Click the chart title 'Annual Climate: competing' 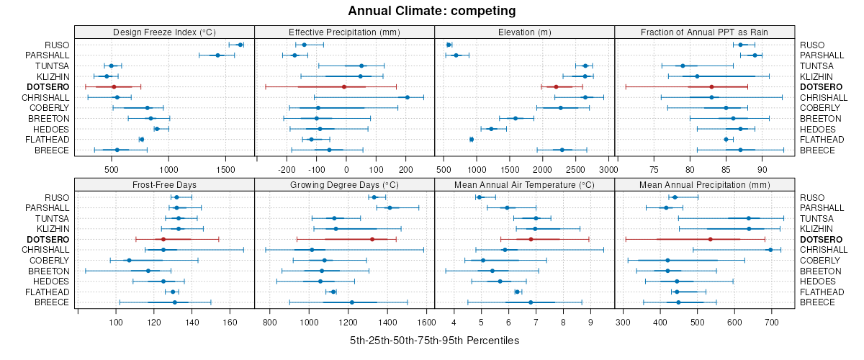[431, 11]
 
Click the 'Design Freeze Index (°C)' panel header [164, 32]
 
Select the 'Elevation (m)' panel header [524, 32]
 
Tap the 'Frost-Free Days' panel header [164, 184]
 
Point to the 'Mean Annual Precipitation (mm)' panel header [704, 184]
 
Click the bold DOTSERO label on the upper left [48, 86]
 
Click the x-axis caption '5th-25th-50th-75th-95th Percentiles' [434, 340]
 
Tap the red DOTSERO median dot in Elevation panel [556, 86]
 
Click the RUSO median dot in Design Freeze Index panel [240, 45]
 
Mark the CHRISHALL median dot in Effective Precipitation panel [408, 97]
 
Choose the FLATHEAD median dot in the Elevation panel [472, 139]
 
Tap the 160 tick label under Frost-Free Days [230, 322]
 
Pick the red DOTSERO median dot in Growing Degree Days [372, 239]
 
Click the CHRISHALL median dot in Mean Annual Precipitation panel [770, 250]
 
